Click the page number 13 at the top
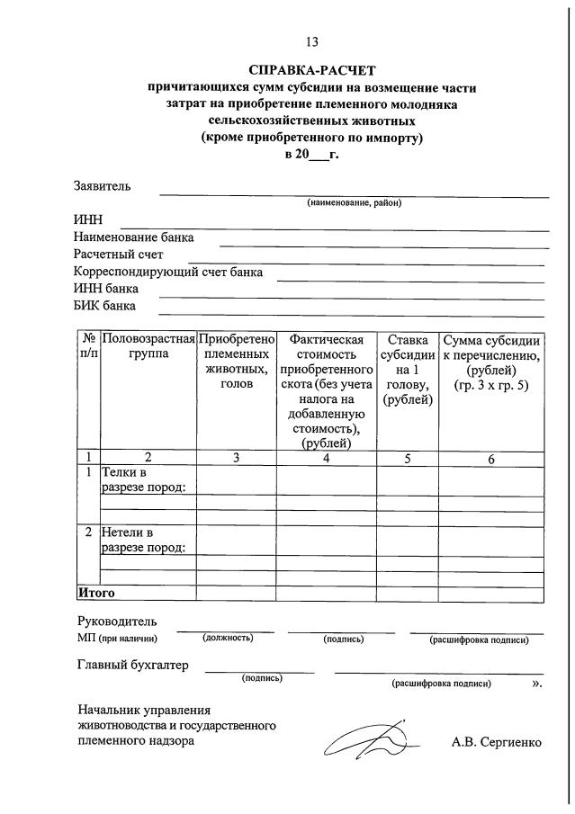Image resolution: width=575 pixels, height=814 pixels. point(312,42)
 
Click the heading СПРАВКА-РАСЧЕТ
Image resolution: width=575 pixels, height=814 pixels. point(312,70)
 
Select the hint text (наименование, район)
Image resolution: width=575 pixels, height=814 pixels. point(354,202)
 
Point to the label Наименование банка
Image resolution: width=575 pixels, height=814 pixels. point(133,237)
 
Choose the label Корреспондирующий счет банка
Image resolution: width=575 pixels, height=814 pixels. point(168,272)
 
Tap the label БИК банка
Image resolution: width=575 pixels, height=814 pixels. point(104,305)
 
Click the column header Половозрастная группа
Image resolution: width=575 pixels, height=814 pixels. point(148,347)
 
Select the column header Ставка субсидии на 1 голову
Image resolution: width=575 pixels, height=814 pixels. point(407,370)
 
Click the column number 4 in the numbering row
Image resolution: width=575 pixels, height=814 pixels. point(326,458)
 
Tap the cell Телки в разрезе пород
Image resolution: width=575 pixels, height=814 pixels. point(144,479)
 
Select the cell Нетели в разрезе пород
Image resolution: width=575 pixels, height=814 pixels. point(144,540)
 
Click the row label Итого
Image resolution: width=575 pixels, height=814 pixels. point(96,593)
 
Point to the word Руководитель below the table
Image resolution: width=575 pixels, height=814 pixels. point(116,622)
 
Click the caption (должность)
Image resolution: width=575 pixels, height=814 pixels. point(228,638)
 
